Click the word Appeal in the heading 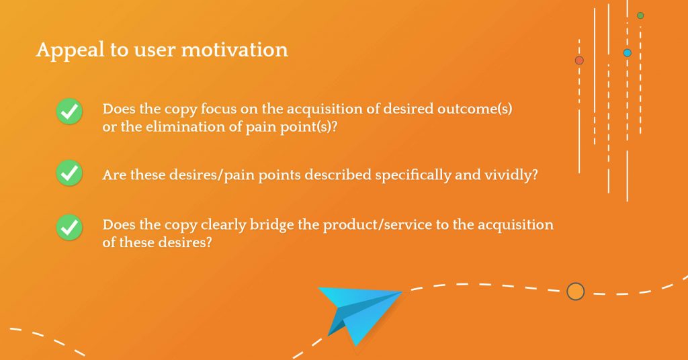tap(70, 50)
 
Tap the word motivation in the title tap(234, 50)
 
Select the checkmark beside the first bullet tap(69, 111)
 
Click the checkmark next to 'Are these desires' tap(69, 173)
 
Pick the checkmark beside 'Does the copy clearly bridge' tap(69, 227)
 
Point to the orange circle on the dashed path tap(575, 291)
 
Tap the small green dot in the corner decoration tap(640, 15)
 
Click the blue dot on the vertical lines tap(628, 53)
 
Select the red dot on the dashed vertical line tap(579, 60)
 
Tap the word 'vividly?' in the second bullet tap(511, 175)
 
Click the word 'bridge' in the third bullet tap(271, 225)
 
